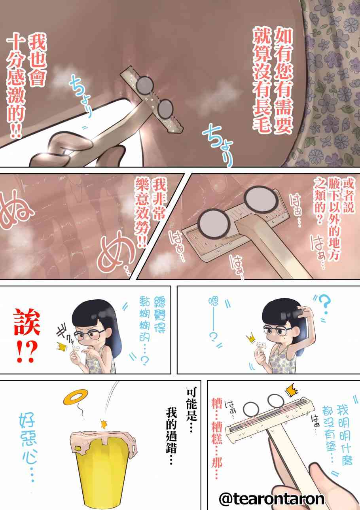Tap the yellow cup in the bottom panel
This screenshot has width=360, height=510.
coord(104,467)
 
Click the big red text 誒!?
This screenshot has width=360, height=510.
coord(27,336)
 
